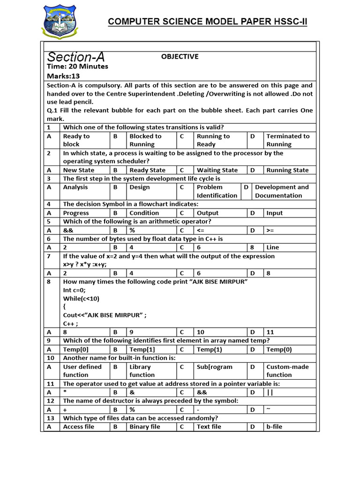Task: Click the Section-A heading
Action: click(76, 57)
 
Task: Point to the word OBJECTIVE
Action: click(180, 57)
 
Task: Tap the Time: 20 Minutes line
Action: click(77, 67)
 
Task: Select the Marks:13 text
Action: click(63, 76)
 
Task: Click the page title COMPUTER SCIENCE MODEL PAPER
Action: click(208, 22)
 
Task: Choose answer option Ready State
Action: click(147, 170)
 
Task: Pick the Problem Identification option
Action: click(217, 191)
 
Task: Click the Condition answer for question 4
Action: click(144, 213)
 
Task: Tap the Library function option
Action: click(142, 371)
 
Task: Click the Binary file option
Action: click(144, 427)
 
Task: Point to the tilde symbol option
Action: click(268, 409)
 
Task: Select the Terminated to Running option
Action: click(288, 140)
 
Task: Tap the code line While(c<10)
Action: click(81, 299)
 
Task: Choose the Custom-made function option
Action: click(287, 371)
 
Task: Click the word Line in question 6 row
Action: click(272, 247)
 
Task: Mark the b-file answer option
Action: click(274, 427)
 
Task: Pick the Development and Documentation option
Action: click(281, 191)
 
